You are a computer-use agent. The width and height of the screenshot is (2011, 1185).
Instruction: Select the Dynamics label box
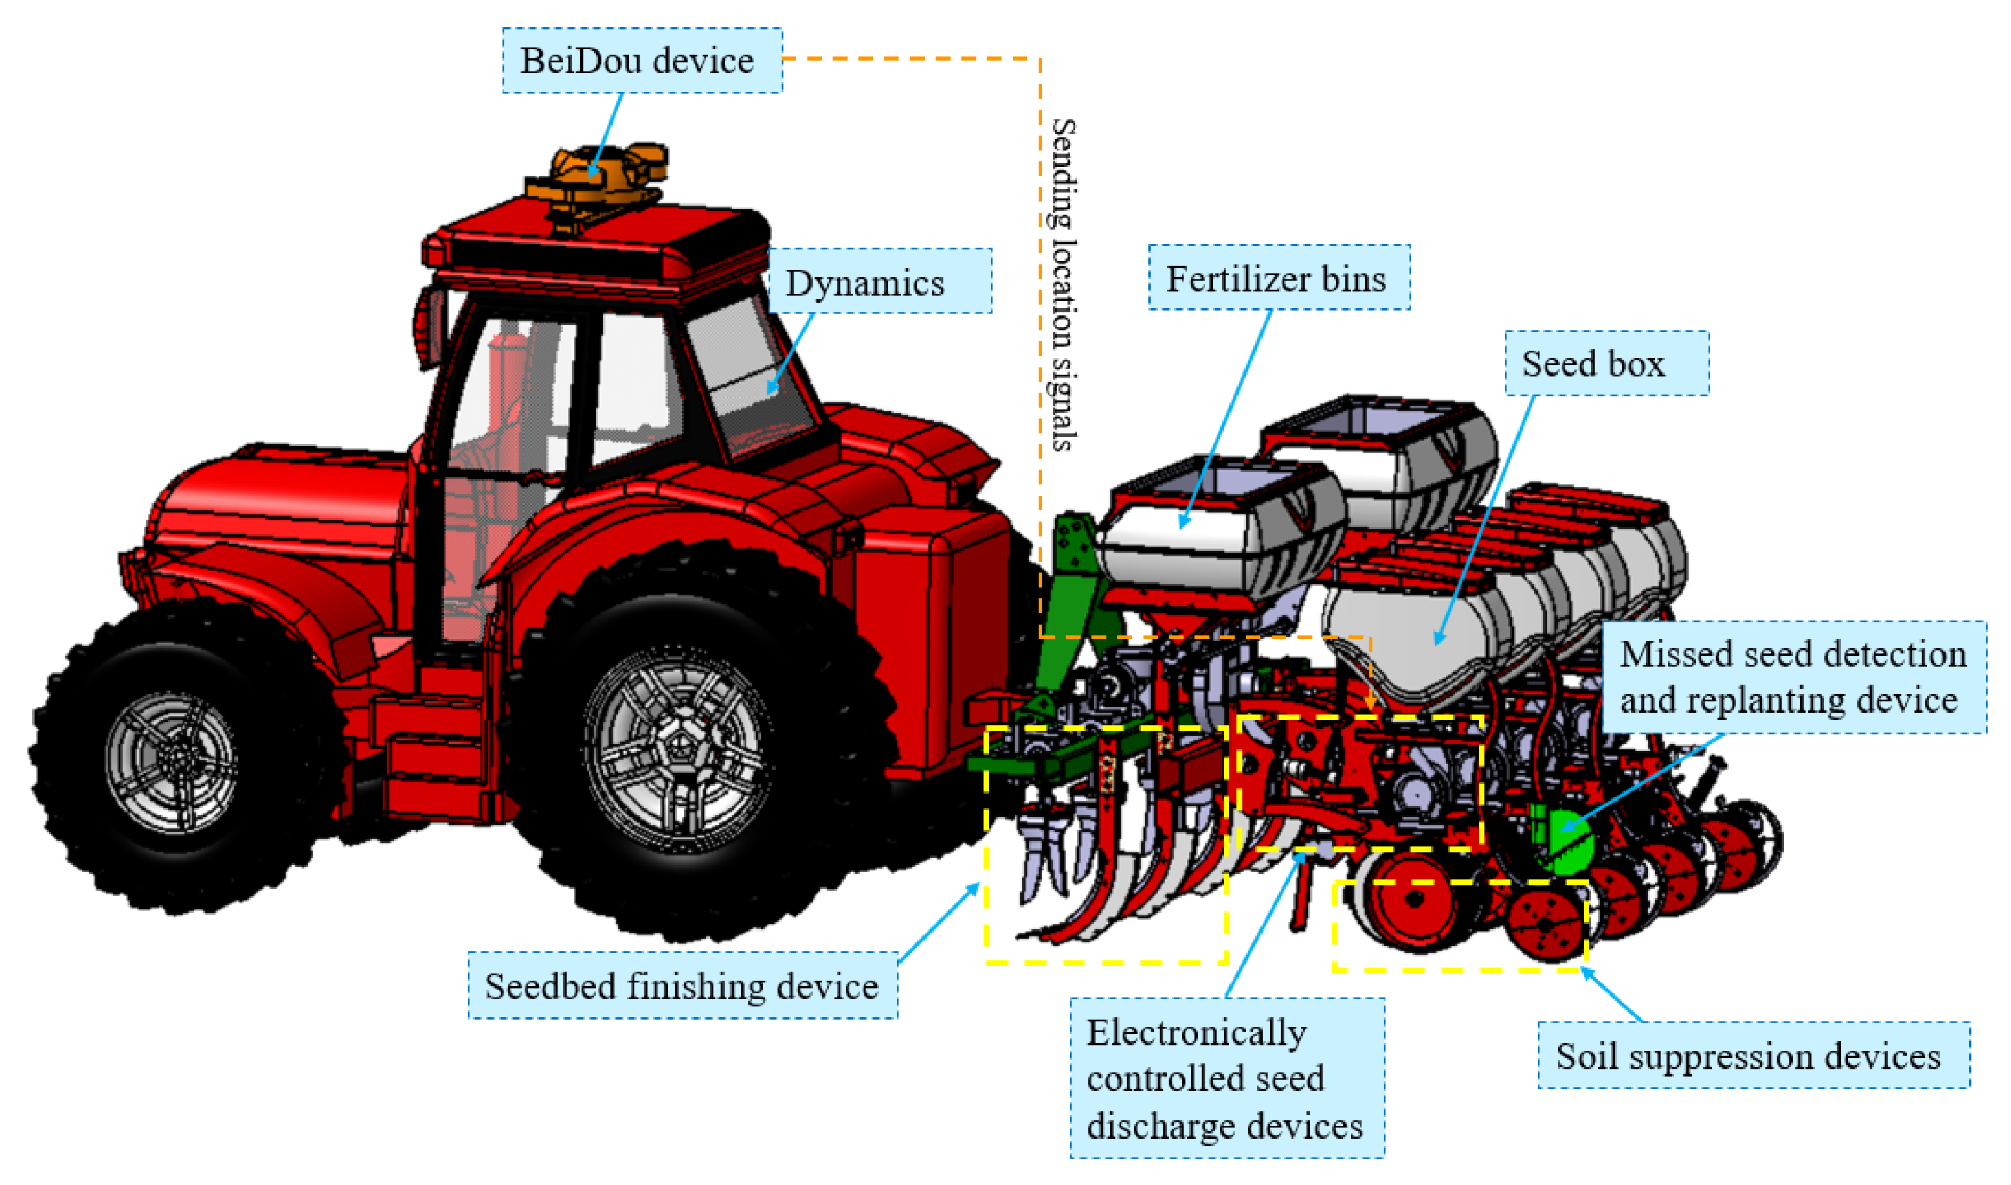tap(879, 281)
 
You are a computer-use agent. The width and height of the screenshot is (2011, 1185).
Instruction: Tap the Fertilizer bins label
tap(1278, 278)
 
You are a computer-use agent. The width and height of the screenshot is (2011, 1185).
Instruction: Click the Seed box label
tap(1605, 363)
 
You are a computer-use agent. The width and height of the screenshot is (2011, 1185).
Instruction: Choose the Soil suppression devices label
tap(1753, 1055)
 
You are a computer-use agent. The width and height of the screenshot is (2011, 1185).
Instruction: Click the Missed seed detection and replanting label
tap(1792, 677)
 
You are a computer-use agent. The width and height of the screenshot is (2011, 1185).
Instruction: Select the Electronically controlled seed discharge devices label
tap(1226, 1078)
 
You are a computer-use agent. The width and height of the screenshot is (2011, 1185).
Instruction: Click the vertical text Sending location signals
tap(1063, 284)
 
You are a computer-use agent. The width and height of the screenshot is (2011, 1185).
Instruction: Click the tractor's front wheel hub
tap(172, 763)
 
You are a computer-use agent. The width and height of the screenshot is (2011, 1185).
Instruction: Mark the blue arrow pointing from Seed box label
tap(1485, 519)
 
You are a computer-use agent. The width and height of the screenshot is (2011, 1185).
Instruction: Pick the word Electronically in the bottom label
tap(1196, 1032)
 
